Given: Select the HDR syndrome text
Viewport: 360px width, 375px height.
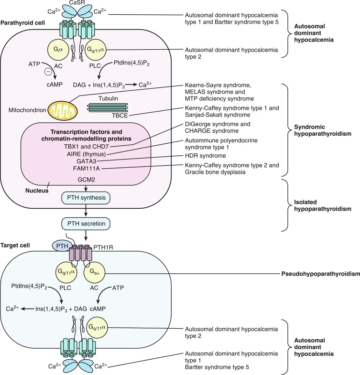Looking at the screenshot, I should [203, 156].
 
